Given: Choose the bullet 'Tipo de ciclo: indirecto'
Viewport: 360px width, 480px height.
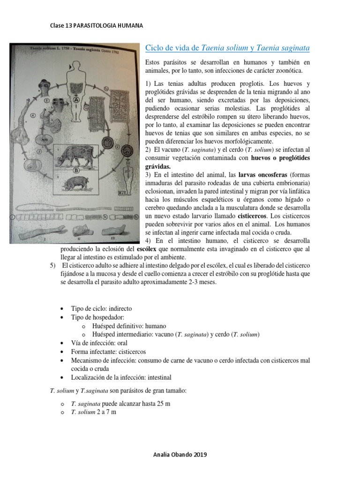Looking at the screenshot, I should [x=101, y=308].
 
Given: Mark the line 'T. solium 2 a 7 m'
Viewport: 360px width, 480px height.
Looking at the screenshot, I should [x=94, y=412].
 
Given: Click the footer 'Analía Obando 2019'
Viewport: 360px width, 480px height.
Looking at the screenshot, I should [x=180, y=454].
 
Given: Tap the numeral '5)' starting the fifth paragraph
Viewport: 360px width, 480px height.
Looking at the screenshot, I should [x=53, y=266].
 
